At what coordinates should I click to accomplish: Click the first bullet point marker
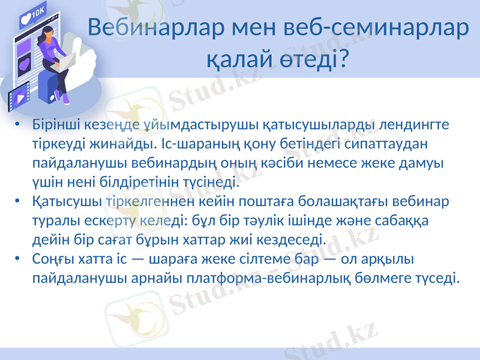click(19, 126)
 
